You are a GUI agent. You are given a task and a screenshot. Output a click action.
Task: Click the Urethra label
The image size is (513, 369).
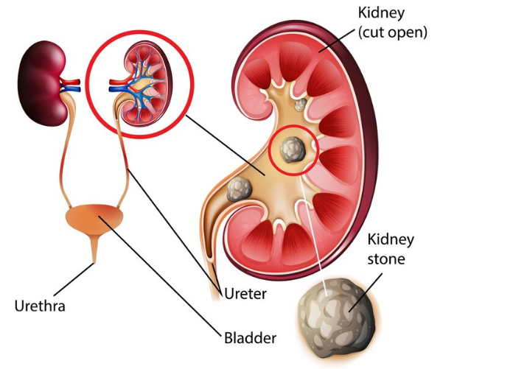(x=40, y=304)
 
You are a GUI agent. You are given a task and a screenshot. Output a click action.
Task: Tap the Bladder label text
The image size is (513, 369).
(x=250, y=338)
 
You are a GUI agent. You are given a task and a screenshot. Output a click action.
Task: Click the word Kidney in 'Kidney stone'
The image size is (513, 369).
(x=391, y=239)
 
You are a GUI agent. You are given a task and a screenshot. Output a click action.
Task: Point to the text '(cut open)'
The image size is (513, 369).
(x=393, y=32)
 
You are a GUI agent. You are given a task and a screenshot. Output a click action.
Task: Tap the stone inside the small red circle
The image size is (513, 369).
(x=294, y=150)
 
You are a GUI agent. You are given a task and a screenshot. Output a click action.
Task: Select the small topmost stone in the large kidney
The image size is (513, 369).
(x=299, y=105)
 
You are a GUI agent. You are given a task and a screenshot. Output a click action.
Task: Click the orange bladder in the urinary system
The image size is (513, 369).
(x=95, y=219)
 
